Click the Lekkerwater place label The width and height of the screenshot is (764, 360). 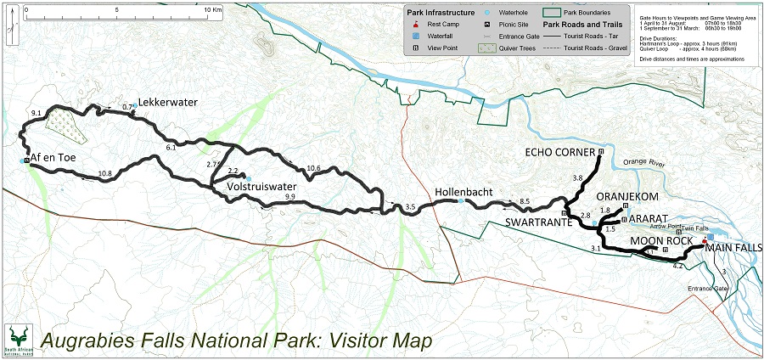(x=168, y=102)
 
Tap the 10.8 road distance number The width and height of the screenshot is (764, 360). (x=105, y=174)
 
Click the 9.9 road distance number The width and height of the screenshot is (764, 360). (x=289, y=197)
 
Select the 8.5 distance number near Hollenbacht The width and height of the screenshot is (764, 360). (x=525, y=201)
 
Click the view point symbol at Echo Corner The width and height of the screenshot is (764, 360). (x=601, y=152)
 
